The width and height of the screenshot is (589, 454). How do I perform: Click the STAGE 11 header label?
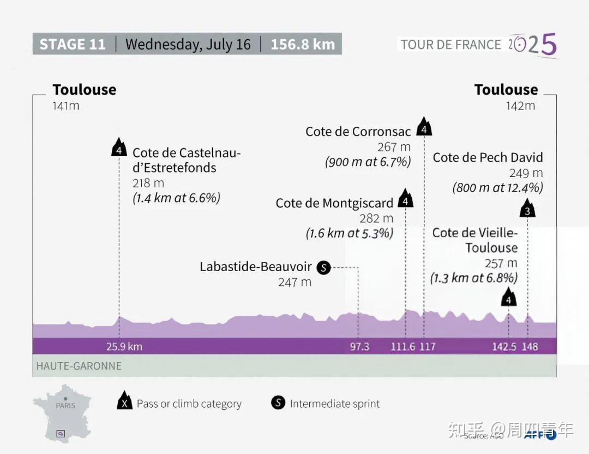[73, 44]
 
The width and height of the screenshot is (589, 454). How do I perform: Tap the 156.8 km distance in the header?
[303, 44]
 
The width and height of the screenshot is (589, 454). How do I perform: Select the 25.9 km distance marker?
[124, 347]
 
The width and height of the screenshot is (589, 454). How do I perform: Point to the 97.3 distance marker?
[359, 347]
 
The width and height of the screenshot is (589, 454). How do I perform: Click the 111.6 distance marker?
[402, 347]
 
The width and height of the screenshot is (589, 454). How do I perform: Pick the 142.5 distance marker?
[504, 347]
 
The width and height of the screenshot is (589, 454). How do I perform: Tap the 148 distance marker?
[530, 347]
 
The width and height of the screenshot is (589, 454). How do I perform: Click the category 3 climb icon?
[527, 210]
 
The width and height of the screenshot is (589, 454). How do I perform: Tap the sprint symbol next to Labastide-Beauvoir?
[324, 267]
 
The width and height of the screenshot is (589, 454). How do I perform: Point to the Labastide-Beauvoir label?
[255, 267]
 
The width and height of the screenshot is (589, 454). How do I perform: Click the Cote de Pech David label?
[488, 158]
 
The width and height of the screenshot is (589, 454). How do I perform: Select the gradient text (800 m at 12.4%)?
[497, 188]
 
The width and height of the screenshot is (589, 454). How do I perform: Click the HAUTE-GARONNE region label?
[79, 366]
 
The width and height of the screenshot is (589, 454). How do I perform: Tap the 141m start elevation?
[66, 106]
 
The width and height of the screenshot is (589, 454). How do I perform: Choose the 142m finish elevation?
[520, 106]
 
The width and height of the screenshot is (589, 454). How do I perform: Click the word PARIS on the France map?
[65, 406]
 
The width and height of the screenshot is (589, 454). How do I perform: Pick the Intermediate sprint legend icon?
[278, 403]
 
